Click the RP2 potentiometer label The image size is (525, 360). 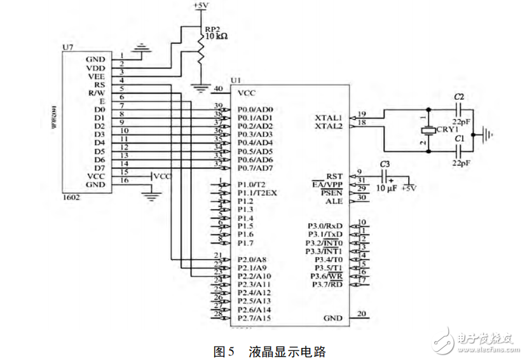pos(211,29)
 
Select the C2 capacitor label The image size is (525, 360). pos(458,96)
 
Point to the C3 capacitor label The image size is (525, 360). pos(385,164)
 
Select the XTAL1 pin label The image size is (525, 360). pos(329,118)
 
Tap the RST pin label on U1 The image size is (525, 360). pos(334,176)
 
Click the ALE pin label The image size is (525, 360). pos(334,201)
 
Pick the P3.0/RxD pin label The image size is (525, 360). pos(325,226)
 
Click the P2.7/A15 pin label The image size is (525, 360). pos(255,317)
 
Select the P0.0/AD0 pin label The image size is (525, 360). pos(256,109)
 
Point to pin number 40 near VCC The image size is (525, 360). pos(218,88)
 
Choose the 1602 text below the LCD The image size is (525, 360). pos(72,198)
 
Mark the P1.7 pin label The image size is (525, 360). pos(245,242)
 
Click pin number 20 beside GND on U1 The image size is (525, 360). pos(361,314)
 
